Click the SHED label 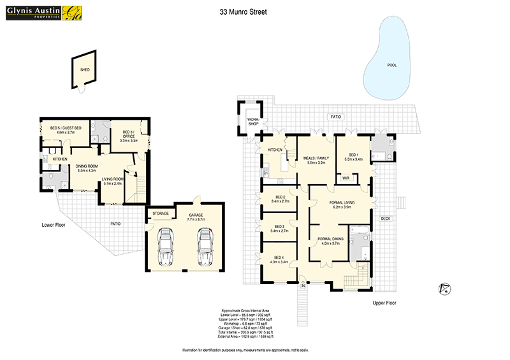coord(84,70)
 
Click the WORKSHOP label coord(253,121)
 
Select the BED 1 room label coord(353,156)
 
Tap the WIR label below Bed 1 coord(346,178)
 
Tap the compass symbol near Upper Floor coord(446,289)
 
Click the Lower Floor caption coord(53,224)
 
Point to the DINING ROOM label coord(86,168)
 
